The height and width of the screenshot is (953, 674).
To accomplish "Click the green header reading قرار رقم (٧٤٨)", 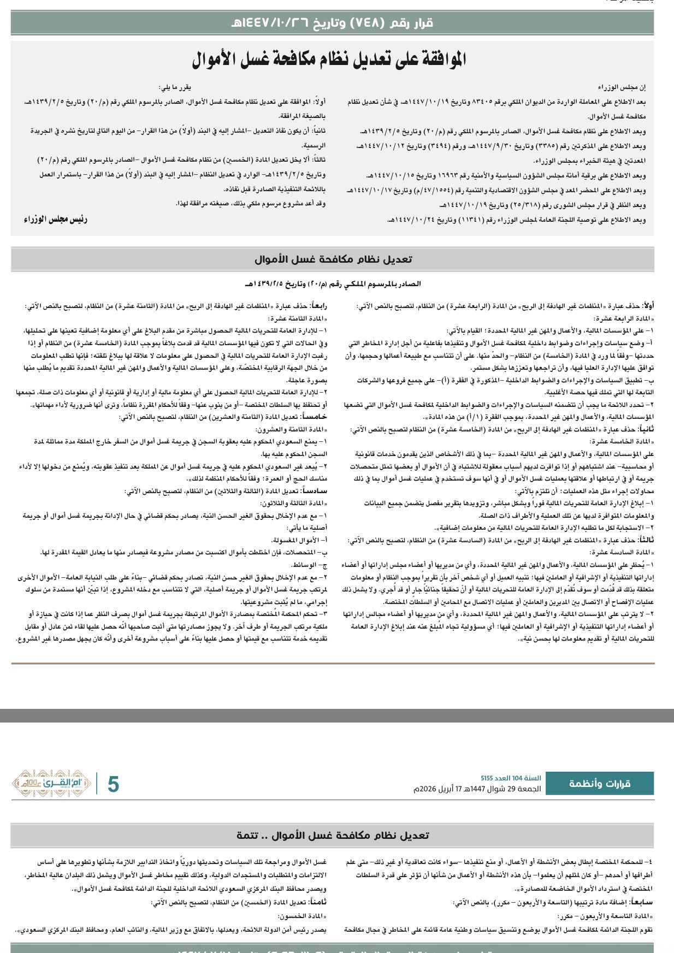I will tap(332, 23).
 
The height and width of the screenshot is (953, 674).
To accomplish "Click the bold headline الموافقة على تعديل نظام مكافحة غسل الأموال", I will tap(329, 60).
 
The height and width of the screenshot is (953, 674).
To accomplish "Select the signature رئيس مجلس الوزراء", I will tap(56, 220).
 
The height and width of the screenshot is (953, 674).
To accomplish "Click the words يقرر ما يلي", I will tap(175, 87).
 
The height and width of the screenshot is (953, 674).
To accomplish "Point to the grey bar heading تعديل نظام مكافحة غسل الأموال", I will tap(333, 259).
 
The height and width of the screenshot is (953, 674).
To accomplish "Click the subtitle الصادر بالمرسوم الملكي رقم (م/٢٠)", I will tap(333, 284).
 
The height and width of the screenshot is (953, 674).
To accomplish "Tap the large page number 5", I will tap(113, 784).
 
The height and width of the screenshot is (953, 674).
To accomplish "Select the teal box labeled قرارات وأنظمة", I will tap(600, 784).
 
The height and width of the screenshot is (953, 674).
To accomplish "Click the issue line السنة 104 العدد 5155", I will tap(511, 778).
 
